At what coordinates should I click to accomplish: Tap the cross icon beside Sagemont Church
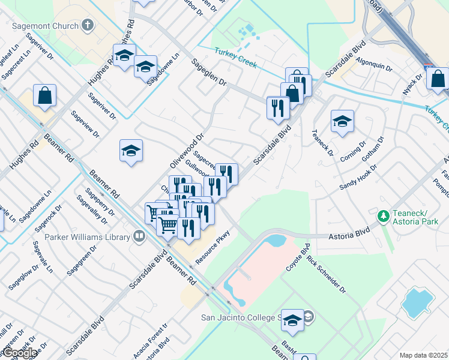[x=88, y=26]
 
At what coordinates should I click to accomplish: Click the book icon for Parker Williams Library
[x=139, y=236]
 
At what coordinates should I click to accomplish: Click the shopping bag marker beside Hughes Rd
[x=44, y=95]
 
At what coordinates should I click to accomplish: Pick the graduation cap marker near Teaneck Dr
[x=342, y=122]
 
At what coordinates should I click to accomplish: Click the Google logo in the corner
[x=20, y=353]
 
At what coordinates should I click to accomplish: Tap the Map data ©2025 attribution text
[x=424, y=355]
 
